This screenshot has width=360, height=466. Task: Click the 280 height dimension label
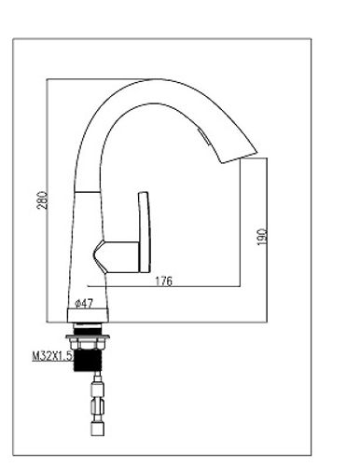[x=43, y=200]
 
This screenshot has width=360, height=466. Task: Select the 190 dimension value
[x=262, y=237]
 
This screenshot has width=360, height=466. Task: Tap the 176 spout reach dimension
[x=163, y=281]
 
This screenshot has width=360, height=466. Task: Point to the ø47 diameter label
[x=84, y=303]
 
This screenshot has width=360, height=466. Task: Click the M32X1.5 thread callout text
[x=52, y=356]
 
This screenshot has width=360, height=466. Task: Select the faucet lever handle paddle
[x=145, y=232]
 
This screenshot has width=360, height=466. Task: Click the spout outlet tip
[x=239, y=158]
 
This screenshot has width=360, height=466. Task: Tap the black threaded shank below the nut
[x=88, y=361]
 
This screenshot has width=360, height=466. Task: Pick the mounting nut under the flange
[x=88, y=344]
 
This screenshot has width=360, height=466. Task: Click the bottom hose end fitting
[x=98, y=429]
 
